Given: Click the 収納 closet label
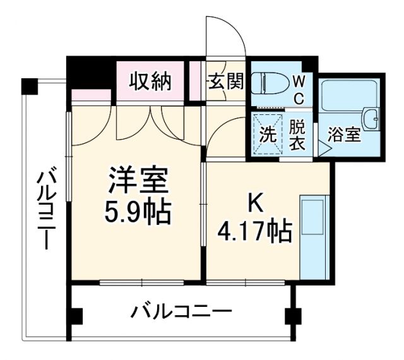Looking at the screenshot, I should click(150, 81).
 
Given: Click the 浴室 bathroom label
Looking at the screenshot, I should click(344, 135).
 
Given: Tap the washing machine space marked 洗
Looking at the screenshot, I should click(267, 135).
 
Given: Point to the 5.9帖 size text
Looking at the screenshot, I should click(137, 212).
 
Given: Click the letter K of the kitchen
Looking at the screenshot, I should click(254, 203).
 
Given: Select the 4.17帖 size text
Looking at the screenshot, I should click(254, 231).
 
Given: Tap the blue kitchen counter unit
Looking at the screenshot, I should click(314, 237).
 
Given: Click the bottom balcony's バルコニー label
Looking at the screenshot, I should click(181, 311).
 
